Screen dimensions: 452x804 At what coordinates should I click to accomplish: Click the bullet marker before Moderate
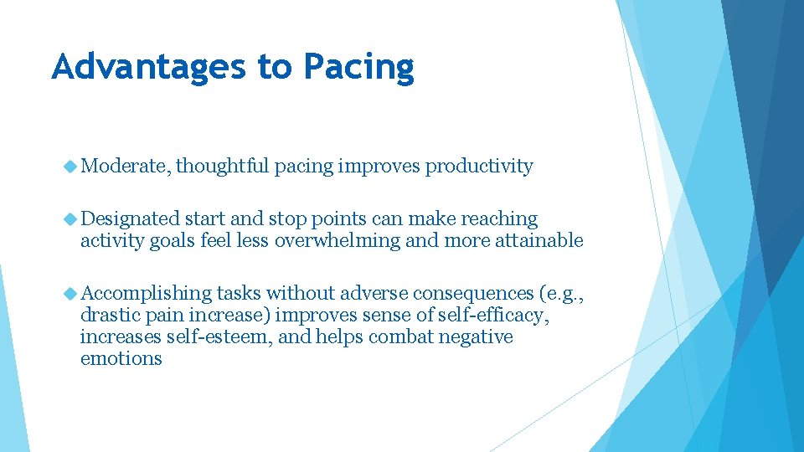coord(70,167)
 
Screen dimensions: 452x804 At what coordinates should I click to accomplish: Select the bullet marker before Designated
coord(70,219)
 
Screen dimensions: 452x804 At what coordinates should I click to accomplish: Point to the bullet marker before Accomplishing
coord(70,294)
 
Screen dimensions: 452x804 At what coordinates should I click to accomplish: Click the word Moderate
coord(126,167)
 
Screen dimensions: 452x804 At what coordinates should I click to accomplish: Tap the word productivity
coord(479,167)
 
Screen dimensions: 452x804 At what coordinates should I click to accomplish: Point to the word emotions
coord(121,359)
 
